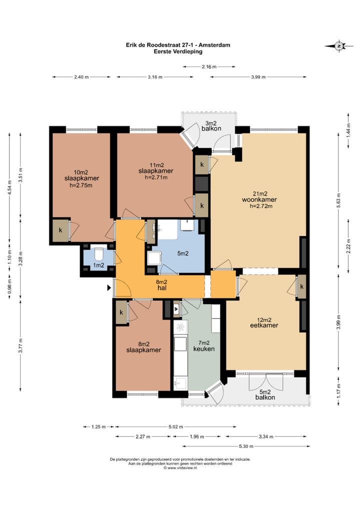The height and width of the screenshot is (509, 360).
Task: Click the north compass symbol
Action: [339, 46]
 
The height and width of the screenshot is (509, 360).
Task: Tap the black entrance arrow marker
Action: [109, 287]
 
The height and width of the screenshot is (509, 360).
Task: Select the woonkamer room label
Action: [259, 199]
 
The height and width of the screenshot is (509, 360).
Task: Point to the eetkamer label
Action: [264, 325]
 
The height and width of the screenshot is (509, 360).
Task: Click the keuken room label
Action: [204, 349]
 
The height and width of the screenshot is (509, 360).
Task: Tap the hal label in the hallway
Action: [161, 287]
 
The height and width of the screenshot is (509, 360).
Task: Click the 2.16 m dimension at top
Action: [208, 67]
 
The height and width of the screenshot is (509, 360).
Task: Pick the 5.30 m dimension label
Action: [246, 446]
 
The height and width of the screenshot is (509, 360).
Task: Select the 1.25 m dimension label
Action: [98, 427]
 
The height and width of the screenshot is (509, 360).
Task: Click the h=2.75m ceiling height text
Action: [81, 185]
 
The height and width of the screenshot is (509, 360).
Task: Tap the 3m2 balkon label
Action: [211, 125]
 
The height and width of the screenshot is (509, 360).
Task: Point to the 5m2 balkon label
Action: [265, 394]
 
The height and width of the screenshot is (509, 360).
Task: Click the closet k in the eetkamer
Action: [302, 286]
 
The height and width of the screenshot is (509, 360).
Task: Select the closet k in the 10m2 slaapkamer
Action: [60, 230]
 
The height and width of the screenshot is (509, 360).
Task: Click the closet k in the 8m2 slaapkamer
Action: [121, 312]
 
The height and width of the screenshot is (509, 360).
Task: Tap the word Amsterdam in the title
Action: [215, 45]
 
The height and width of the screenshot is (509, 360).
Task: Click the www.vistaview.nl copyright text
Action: [180, 468]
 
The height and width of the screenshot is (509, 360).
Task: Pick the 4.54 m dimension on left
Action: [9, 187]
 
